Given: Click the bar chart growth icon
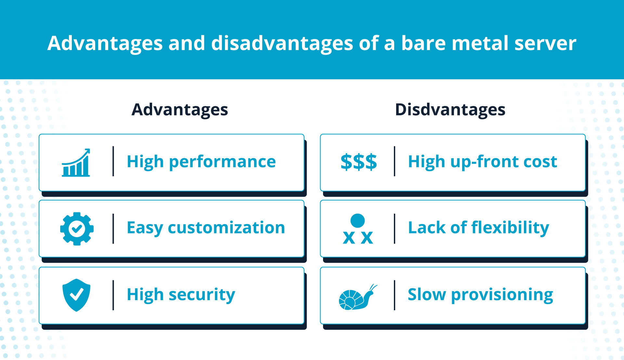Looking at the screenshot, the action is point(76,163).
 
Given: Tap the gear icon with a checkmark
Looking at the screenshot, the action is point(77,229).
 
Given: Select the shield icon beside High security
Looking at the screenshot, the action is point(76,295).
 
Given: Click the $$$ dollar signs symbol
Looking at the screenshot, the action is point(358,162).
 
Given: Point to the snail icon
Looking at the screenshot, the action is point(358,297).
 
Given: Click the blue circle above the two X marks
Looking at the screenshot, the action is point(357,220).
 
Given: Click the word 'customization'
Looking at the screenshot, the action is point(227,227).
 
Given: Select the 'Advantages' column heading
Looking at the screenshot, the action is point(180,110).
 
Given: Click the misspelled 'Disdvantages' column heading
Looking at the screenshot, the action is point(450,110).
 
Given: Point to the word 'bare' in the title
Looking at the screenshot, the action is point(423,43).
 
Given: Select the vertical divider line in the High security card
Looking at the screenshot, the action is point(113,295).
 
